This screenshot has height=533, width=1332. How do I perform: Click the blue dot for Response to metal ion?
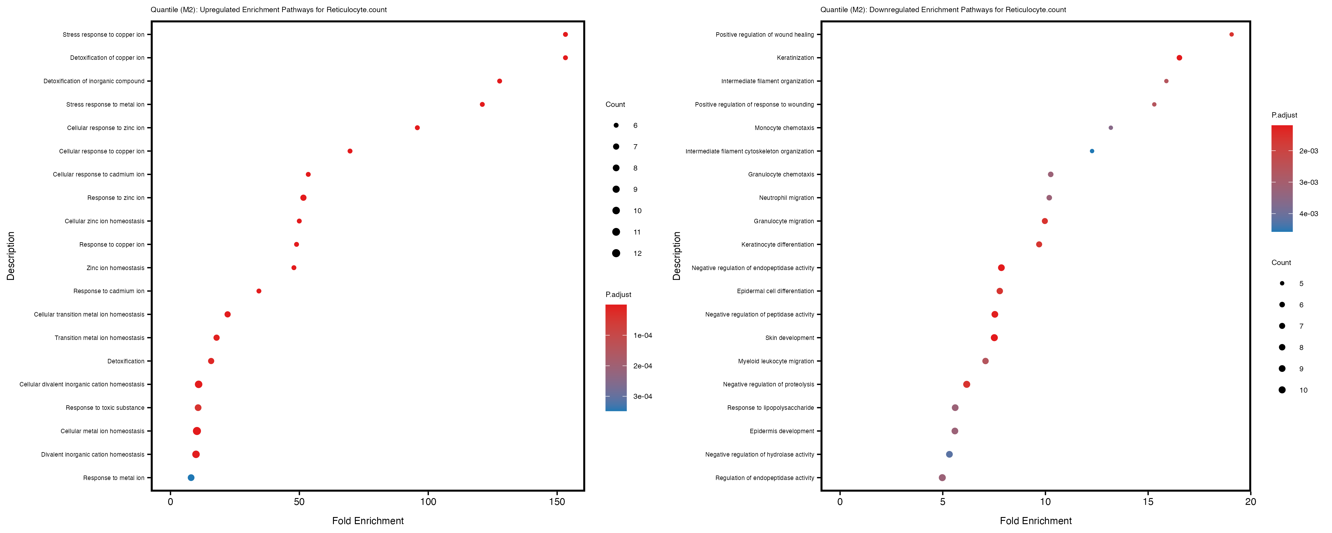[x=191, y=478]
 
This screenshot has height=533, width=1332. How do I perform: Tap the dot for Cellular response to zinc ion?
[x=417, y=128]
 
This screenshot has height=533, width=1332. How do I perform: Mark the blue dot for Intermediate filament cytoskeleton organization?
[x=1092, y=151]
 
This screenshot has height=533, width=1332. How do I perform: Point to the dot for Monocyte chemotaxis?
[x=1111, y=128]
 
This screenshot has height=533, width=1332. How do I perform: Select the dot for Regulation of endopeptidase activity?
[x=942, y=478]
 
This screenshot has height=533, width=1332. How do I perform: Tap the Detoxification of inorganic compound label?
[x=94, y=81]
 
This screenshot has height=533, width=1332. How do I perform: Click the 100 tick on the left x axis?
[x=428, y=501]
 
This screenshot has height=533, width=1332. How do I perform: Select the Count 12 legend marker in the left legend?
[x=616, y=253]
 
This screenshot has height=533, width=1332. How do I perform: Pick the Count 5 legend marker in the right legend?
[x=1282, y=284]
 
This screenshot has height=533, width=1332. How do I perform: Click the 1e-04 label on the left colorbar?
[x=642, y=335]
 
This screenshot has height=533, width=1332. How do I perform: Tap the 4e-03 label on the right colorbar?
[x=1308, y=214]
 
